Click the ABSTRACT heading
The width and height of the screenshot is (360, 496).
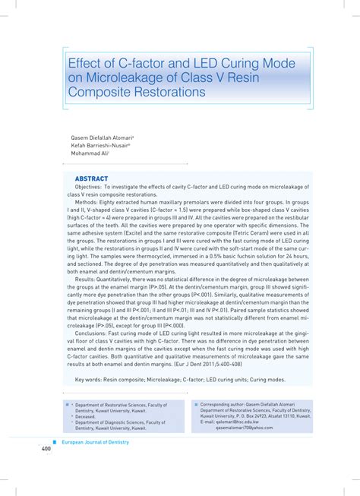(91, 178)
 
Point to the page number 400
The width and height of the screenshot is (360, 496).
(46, 449)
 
